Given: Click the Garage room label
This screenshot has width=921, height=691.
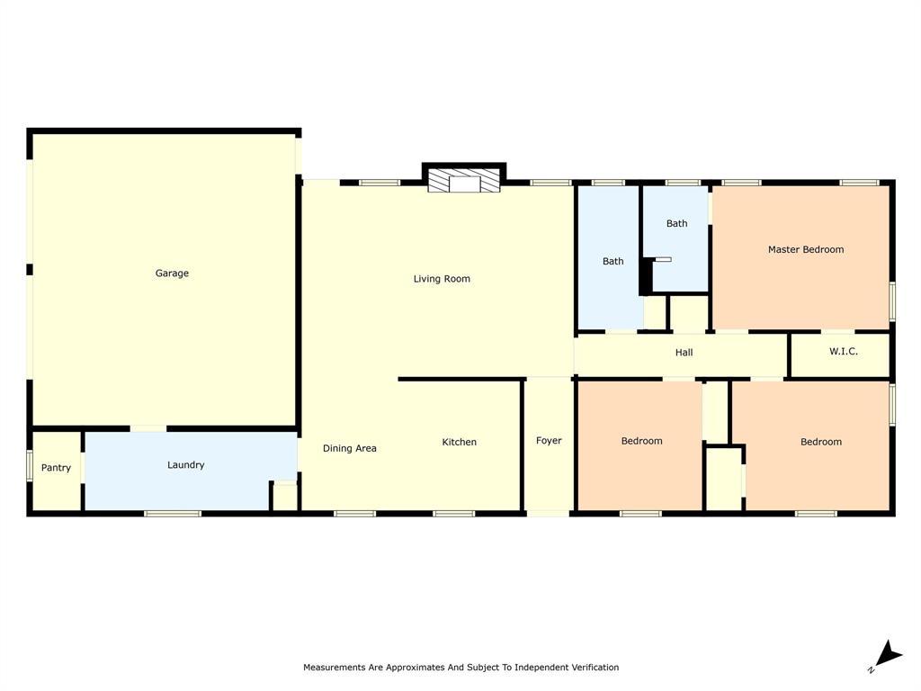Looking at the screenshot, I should [x=172, y=274].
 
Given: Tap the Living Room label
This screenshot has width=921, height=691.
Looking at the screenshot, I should [x=442, y=279].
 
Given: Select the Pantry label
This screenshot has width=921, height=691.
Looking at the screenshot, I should [x=56, y=468].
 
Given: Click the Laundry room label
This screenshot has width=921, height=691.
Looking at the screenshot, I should [x=185, y=465].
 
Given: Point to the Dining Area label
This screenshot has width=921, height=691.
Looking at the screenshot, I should [x=349, y=448].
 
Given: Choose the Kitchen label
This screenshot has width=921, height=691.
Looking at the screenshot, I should [x=459, y=442].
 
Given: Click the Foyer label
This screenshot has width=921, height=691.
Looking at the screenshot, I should [x=549, y=441].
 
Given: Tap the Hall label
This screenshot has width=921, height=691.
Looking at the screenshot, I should [x=684, y=353].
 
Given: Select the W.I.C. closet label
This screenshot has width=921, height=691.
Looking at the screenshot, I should [x=843, y=351].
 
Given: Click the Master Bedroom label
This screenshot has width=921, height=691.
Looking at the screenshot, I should [x=805, y=249].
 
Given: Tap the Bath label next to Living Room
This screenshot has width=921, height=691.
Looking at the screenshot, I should [x=613, y=262].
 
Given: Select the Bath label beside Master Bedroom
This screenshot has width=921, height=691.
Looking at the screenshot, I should [x=676, y=223].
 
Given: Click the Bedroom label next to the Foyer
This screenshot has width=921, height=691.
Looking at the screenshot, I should [x=641, y=441].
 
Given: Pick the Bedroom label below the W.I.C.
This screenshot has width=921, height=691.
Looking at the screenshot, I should [x=820, y=442].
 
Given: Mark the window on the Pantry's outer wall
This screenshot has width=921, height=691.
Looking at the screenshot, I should [x=30, y=466].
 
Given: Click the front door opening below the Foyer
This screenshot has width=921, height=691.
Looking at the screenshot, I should [x=548, y=514].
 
